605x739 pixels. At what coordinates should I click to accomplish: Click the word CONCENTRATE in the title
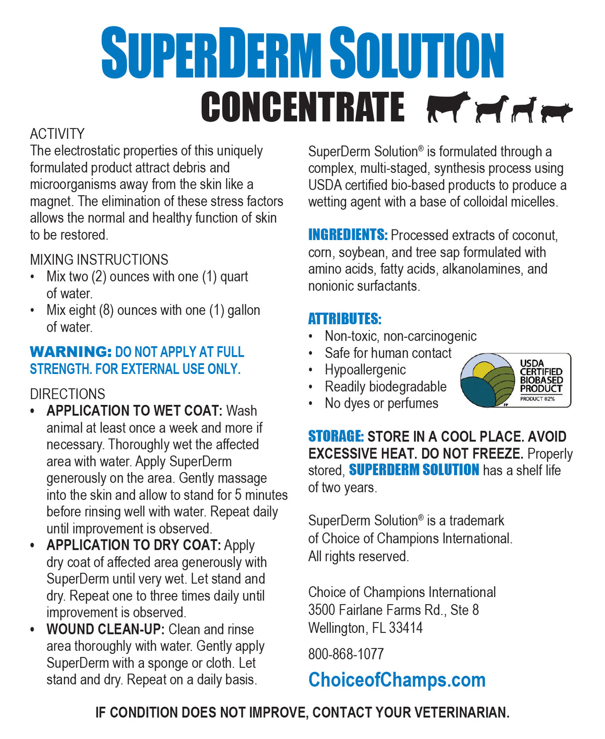pyautogui.click(x=302, y=107)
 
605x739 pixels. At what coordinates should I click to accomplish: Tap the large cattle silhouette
pyautogui.click(x=447, y=106)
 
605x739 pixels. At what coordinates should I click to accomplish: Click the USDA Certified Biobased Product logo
pyautogui.click(x=515, y=380)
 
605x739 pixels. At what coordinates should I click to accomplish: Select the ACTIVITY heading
pyautogui.click(x=57, y=133)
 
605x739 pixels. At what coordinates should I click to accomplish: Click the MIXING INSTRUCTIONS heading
pyautogui.click(x=99, y=259)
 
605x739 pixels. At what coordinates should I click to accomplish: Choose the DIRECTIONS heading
pyautogui.click(x=67, y=394)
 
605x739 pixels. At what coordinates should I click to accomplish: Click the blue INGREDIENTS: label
pyautogui.click(x=347, y=235)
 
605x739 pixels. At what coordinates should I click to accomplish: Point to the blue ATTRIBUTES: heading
pyautogui.click(x=344, y=319)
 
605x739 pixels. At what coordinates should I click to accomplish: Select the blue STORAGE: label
pyautogui.click(x=336, y=436)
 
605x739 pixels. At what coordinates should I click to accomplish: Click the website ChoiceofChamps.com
pyautogui.click(x=397, y=680)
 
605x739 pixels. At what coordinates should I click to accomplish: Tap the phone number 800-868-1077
pyautogui.click(x=346, y=654)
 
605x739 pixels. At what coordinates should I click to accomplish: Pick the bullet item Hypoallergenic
pyautogui.click(x=365, y=369)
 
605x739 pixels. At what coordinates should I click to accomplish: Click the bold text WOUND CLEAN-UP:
pyautogui.click(x=105, y=629)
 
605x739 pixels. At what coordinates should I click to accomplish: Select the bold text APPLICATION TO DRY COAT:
pyautogui.click(x=134, y=545)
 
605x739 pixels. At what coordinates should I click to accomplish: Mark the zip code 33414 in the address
pyautogui.click(x=406, y=627)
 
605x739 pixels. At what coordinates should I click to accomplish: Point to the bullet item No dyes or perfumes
pyautogui.click(x=381, y=403)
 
